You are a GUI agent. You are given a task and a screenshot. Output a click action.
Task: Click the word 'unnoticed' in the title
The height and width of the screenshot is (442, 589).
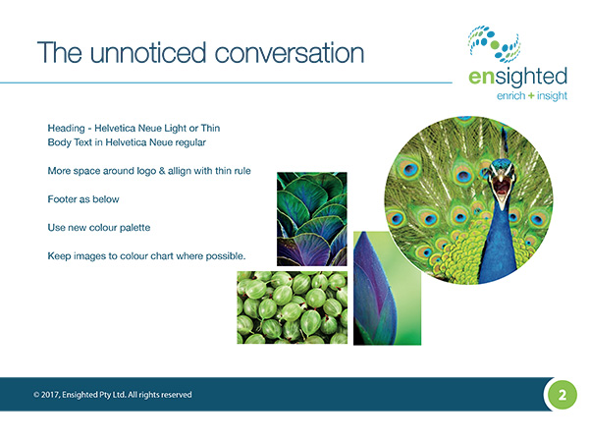[148, 53]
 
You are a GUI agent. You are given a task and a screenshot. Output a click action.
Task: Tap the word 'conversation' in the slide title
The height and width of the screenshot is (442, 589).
[290, 53]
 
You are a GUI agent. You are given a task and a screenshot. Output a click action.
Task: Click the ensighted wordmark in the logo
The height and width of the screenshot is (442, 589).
[517, 77]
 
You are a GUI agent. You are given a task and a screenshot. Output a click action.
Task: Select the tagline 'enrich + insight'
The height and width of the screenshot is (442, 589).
[532, 96]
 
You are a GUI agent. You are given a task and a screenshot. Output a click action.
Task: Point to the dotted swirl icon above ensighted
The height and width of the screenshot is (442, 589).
[495, 44]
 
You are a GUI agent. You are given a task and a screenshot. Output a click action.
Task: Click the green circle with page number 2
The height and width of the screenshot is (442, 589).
[562, 395]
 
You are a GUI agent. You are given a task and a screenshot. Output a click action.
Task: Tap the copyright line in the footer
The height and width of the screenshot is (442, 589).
[113, 395]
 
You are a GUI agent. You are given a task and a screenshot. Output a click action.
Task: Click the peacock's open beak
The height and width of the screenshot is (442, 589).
[502, 186]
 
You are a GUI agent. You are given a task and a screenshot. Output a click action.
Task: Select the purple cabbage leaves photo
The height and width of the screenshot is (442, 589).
[312, 219]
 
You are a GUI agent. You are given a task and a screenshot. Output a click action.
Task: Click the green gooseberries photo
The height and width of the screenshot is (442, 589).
[292, 307]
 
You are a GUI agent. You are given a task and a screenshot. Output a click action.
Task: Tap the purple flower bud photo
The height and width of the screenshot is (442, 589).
[388, 288]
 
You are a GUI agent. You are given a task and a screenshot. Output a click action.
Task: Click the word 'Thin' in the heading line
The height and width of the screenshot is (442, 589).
[210, 128]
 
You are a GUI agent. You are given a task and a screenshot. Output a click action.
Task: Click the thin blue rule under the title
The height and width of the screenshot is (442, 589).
[226, 83]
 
